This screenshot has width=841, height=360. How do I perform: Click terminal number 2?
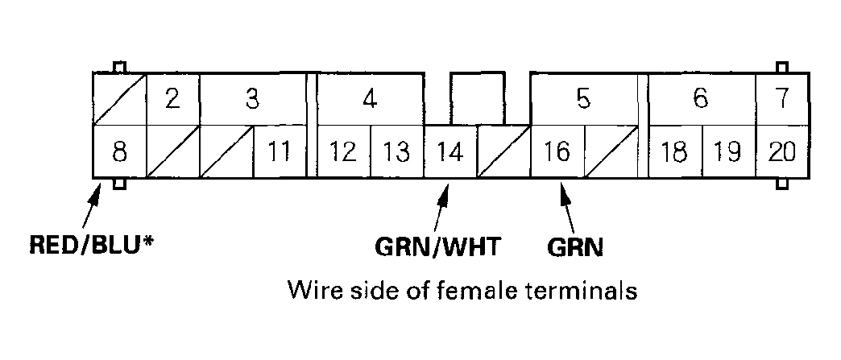click(172, 99)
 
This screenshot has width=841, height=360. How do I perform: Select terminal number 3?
click(252, 99)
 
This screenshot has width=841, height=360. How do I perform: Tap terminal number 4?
click(370, 99)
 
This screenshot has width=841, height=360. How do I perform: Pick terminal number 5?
click(583, 99)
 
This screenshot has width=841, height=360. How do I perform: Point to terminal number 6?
click(701, 99)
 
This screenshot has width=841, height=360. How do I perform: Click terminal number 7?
click(781, 99)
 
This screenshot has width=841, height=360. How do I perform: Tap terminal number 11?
click(279, 151)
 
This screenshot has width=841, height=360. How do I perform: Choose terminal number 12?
click(343, 151)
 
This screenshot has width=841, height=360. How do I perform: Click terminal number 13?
click(396, 151)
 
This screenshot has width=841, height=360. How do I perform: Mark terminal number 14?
click(450, 151)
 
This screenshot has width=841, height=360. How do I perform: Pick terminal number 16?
click(557, 151)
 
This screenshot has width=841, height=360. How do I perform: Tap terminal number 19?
click(728, 151)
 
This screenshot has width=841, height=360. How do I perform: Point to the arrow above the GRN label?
click(567, 208)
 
